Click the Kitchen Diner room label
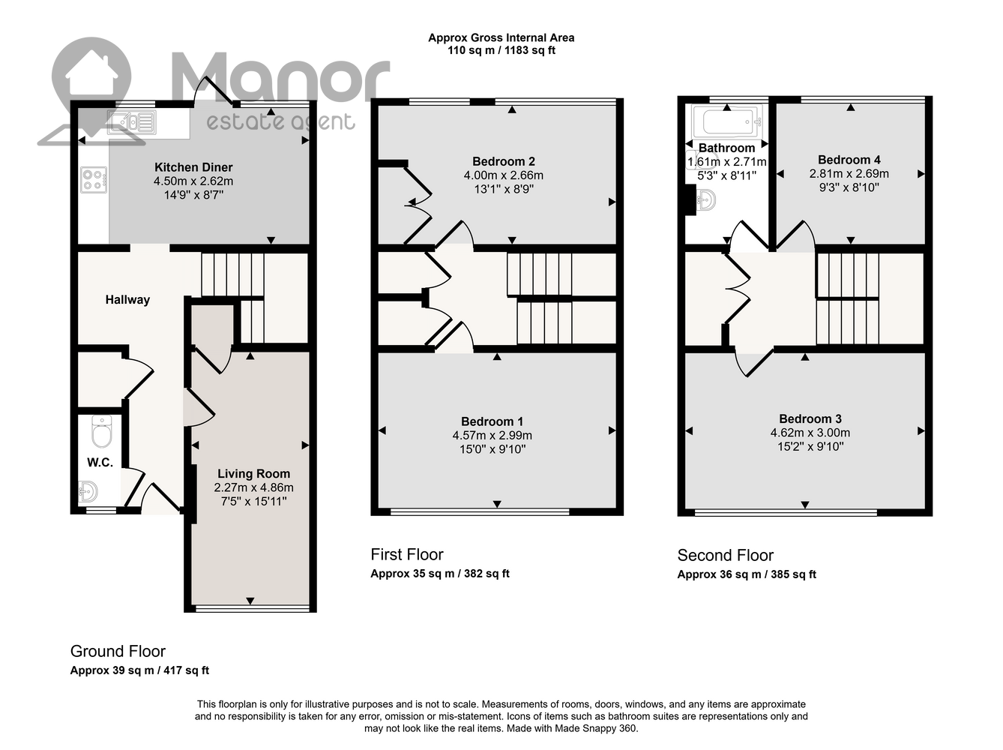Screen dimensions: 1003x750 pyautogui.click(x=193, y=167)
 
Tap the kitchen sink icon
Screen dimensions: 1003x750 pyautogui.click(x=132, y=122)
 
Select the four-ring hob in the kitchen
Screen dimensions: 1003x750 pyautogui.click(x=94, y=179)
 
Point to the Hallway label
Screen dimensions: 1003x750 pyautogui.click(x=127, y=300)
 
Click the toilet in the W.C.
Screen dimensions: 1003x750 pyautogui.click(x=101, y=431)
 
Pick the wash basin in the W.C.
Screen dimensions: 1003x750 pyautogui.click(x=88, y=492)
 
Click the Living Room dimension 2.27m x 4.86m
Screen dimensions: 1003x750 pyautogui.click(x=253, y=487)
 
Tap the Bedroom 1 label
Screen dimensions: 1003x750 pyautogui.click(x=493, y=421)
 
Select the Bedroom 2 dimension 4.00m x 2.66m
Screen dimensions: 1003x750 pyautogui.click(x=504, y=175)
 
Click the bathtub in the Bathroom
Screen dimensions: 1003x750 pyautogui.click(x=727, y=121)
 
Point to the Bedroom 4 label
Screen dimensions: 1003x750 pyautogui.click(x=849, y=160)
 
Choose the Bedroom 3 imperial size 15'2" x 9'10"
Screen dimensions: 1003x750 pyautogui.click(x=810, y=446)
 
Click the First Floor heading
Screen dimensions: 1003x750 pyautogui.click(x=407, y=555)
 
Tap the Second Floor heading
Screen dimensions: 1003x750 pyautogui.click(x=725, y=555)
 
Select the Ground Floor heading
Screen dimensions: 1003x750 pyautogui.click(x=118, y=651)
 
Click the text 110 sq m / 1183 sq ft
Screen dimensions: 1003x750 pyautogui.click(x=501, y=50)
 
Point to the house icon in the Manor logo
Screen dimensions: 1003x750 pyautogui.click(x=91, y=80)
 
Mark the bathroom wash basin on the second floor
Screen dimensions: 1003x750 pyautogui.click(x=705, y=199)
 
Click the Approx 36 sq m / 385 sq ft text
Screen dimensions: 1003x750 pyautogui.click(x=746, y=574)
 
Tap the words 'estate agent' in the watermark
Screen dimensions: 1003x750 pyautogui.click(x=280, y=122)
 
